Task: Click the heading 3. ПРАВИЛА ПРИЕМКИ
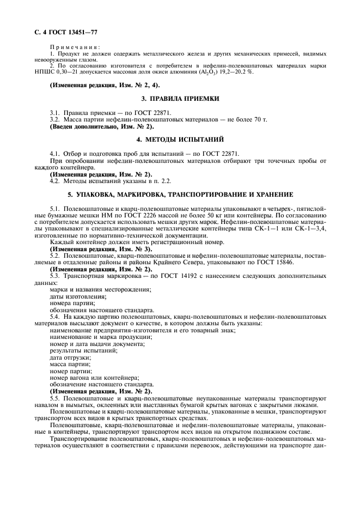tap(180, 99)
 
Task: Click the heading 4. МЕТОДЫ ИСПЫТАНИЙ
tap(180, 140)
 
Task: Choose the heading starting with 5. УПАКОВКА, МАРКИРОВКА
tap(180, 194)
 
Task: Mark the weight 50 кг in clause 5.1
tap(231, 216)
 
